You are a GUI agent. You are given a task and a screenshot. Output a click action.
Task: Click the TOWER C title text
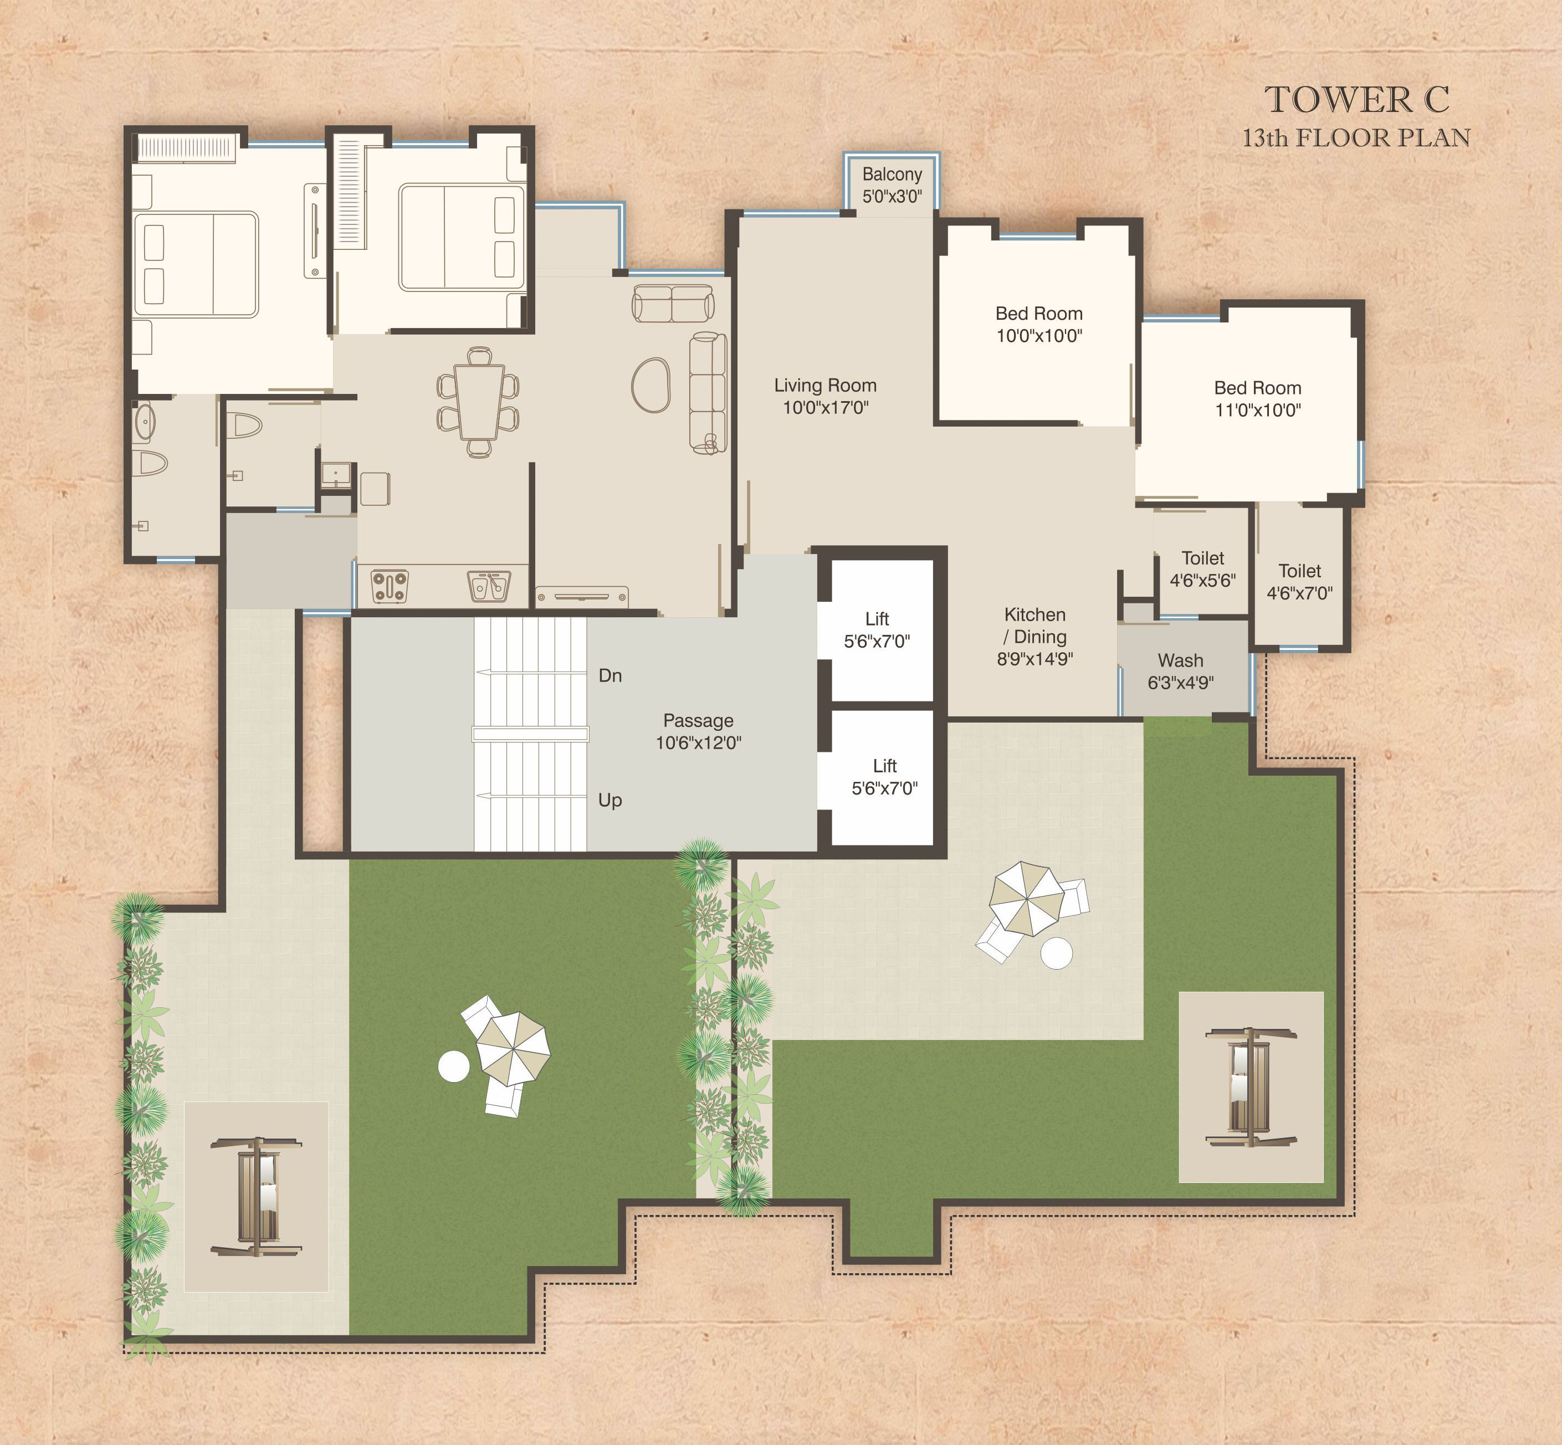1356,99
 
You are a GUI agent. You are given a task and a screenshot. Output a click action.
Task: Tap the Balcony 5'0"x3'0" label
892,185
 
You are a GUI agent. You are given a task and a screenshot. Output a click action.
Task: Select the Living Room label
826,396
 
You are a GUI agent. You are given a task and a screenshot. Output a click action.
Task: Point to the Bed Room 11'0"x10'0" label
1258,399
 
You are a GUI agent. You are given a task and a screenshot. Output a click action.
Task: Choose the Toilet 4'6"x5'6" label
1202,569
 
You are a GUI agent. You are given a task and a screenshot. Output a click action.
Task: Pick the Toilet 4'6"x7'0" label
1299,582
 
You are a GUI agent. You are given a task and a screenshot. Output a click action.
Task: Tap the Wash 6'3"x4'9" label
1180,672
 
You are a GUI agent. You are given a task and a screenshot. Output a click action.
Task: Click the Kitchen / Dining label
1035,637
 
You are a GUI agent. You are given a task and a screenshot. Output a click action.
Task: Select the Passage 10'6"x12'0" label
698,731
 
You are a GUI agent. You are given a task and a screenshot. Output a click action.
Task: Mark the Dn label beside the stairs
610,675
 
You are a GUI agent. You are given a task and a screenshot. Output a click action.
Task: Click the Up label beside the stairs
610,800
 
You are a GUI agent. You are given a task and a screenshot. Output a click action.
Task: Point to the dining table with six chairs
478,402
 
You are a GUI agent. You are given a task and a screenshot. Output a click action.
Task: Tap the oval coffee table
651,385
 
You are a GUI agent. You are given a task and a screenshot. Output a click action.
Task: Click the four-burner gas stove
390,586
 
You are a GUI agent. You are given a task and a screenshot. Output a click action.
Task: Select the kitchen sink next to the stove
489,586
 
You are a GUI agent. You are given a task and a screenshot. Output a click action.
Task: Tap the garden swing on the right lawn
1250,1087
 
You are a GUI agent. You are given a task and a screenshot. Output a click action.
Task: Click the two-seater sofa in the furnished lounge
672,304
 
